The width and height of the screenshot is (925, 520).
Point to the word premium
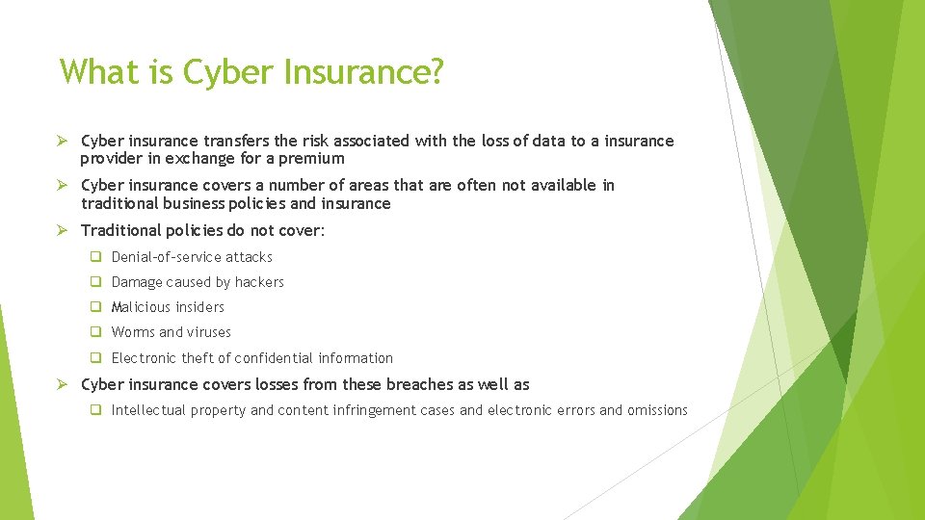point(312,159)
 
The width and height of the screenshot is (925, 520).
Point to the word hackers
point(259,282)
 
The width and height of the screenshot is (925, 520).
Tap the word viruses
point(209,332)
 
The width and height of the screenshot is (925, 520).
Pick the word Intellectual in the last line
point(148,410)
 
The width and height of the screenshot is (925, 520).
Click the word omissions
point(657,410)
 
